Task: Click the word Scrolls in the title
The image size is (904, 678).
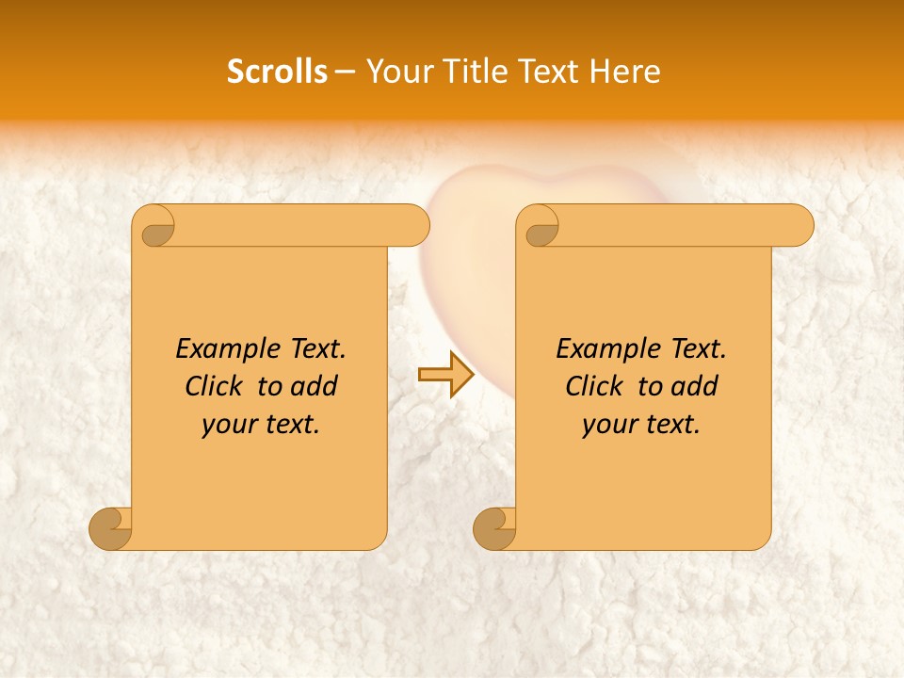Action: click(x=278, y=71)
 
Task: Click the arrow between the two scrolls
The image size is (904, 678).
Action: click(x=445, y=375)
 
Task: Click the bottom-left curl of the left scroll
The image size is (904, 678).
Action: click(x=111, y=528)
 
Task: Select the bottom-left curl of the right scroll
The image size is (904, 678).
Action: click(x=495, y=528)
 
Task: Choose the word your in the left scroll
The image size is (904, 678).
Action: click(x=227, y=425)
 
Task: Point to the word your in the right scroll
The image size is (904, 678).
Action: click(x=607, y=425)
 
